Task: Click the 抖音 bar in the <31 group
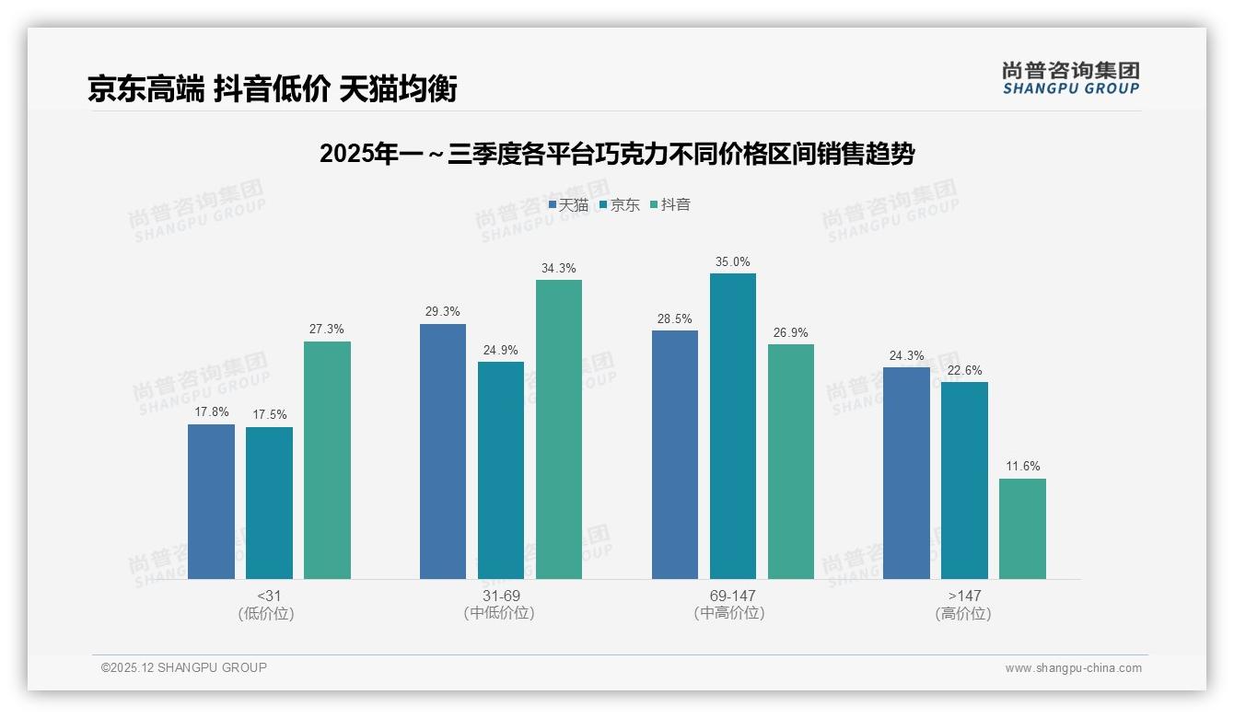327,460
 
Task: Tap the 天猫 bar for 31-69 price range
443,451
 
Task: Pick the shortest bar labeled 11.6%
1022,528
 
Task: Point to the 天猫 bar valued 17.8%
211,502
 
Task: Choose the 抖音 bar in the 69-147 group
791,461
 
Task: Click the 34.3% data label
559,269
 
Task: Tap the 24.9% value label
501,351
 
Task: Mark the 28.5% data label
675,318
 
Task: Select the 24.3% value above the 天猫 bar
906,356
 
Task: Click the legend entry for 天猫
568,205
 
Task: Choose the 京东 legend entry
619,205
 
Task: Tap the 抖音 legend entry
670,205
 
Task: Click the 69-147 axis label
732,596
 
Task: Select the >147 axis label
964,596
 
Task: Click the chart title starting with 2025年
616,154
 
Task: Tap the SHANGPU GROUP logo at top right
1070,78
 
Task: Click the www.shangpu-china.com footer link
1073,668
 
